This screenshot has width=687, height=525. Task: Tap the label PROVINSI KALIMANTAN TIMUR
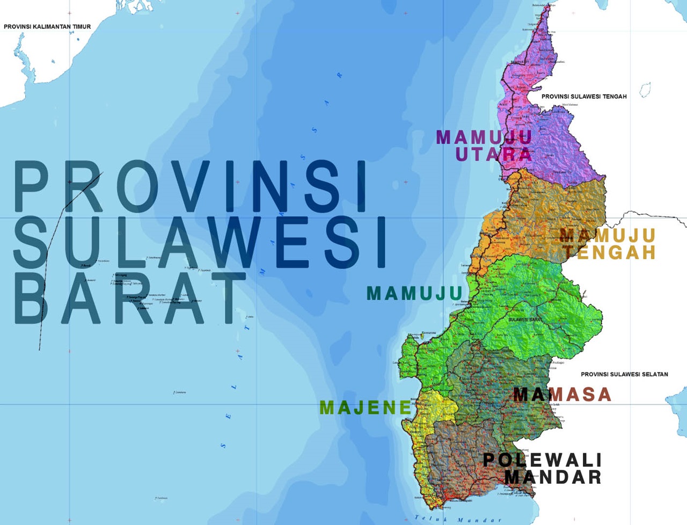(x=47, y=26)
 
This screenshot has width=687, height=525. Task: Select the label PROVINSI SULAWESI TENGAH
(x=584, y=97)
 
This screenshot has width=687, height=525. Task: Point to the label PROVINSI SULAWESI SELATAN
(x=624, y=374)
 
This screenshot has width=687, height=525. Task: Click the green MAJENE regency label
(x=366, y=408)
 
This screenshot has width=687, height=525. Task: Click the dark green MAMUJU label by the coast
(x=414, y=294)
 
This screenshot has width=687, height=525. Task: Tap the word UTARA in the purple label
(x=494, y=155)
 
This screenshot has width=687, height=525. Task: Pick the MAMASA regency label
(x=562, y=395)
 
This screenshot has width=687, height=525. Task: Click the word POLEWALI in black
(x=542, y=460)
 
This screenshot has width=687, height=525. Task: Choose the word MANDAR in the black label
(x=553, y=477)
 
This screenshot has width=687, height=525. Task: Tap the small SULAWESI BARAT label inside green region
(x=525, y=320)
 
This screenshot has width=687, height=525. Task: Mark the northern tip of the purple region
(x=547, y=8)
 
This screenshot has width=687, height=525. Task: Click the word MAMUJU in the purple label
(x=484, y=137)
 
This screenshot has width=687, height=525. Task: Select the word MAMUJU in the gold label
(x=608, y=235)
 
